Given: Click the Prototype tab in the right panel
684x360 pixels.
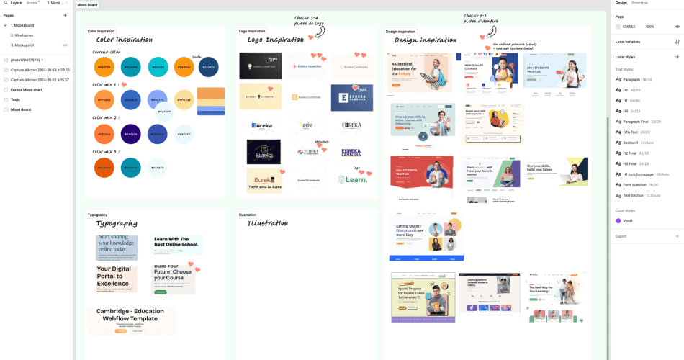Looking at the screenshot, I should pyautogui.click(x=639, y=3).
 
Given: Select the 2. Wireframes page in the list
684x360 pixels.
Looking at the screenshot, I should pyautogui.click(x=23, y=35).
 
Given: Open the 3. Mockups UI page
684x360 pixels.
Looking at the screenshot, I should pyautogui.click(x=24, y=45).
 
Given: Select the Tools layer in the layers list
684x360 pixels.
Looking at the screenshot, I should pyautogui.click(x=15, y=99).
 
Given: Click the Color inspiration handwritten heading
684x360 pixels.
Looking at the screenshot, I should pyautogui.click(x=124, y=40).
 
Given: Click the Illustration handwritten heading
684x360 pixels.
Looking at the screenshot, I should pyautogui.click(x=267, y=224).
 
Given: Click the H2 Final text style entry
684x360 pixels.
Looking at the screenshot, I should pyautogui.click(x=635, y=153).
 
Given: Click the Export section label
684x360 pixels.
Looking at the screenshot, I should pyautogui.click(x=621, y=236).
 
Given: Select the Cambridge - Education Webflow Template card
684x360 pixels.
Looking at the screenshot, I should pyautogui.click(x=132, y=320).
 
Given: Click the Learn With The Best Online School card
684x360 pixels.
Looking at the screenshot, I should pyautogui.click(x=176, y=245).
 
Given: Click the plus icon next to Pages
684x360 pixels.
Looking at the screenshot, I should pyautogui.click(x=65, y=15).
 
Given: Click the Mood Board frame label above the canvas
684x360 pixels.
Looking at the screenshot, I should pyautogui.click(x=87, y=5).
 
